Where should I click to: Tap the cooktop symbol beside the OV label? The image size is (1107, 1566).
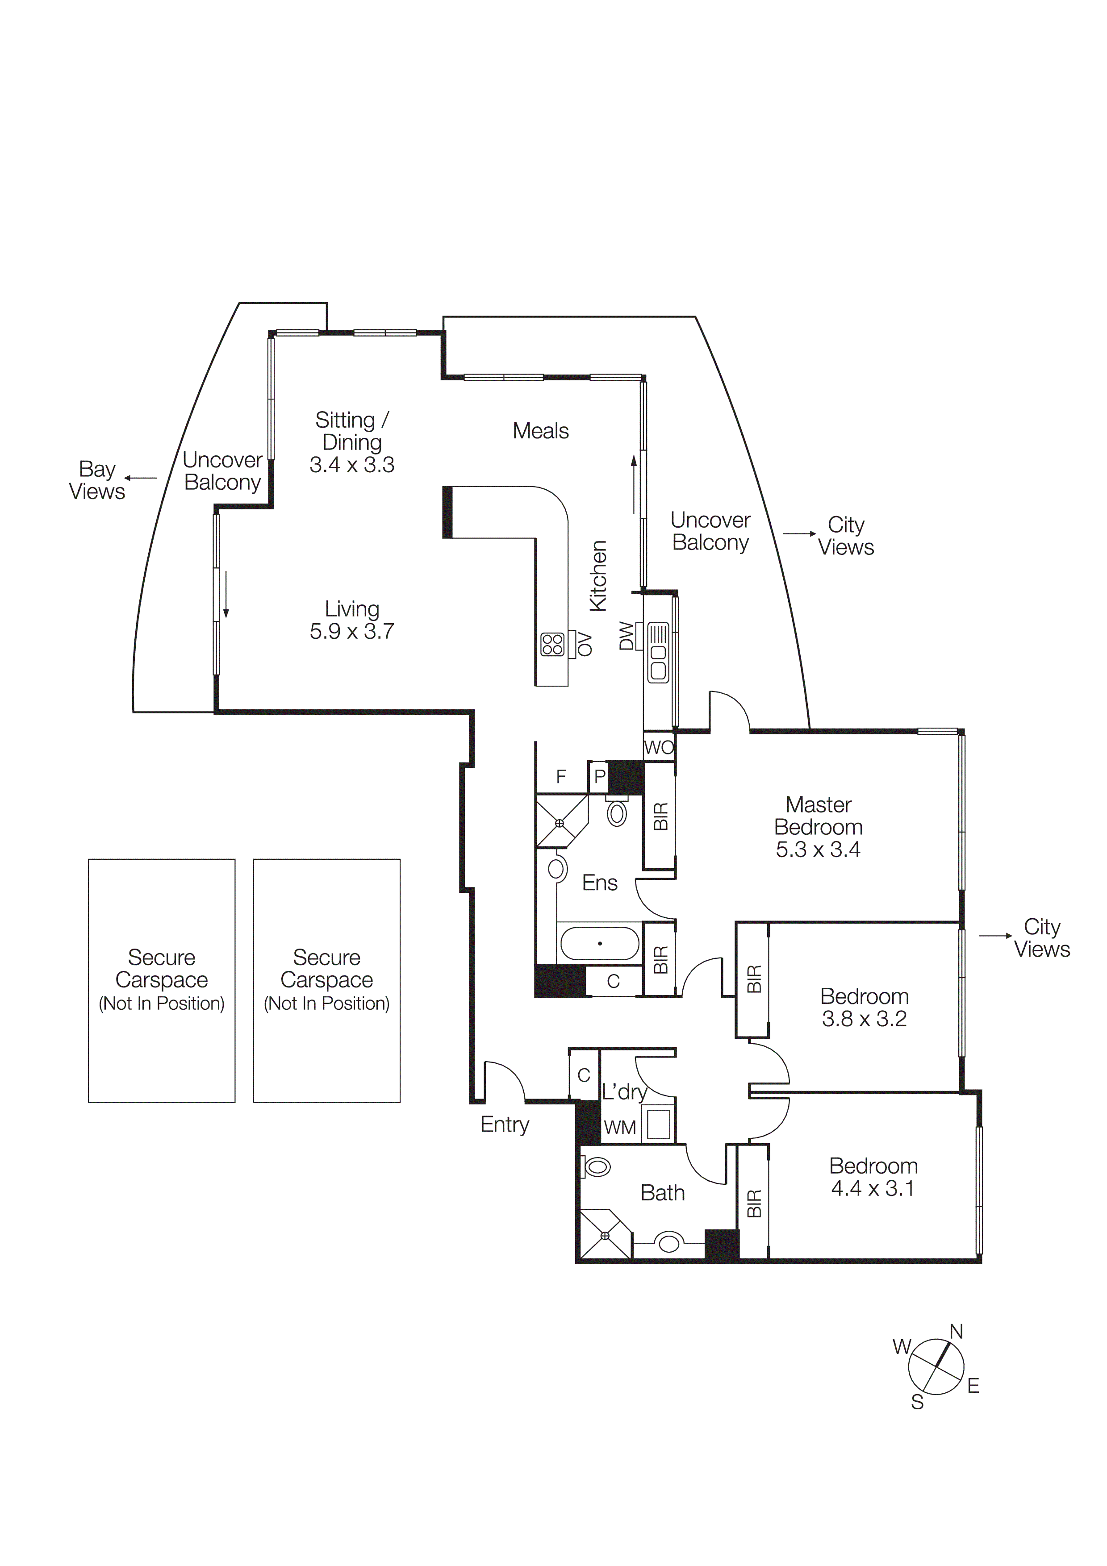click(552, 645)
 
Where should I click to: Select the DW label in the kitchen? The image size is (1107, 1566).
click(626, 636)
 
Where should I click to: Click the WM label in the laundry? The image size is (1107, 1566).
click(619, 1128)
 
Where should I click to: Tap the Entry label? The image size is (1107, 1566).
click(504, 1125)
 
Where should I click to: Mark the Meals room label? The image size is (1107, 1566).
click(540, 431)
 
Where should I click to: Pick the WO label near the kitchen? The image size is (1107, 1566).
click(658, 748)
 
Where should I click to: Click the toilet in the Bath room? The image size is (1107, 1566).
click(597, 1168)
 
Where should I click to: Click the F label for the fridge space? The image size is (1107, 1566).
click(561, 776)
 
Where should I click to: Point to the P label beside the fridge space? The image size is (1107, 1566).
click(600, 776)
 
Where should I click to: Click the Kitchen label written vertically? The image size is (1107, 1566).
click(597, 576)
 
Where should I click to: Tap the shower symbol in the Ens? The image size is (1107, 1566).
click(560, 823)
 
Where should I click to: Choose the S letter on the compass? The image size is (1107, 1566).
click(917, 1403)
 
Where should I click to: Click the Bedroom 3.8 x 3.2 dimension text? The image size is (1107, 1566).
click(864, 1019)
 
